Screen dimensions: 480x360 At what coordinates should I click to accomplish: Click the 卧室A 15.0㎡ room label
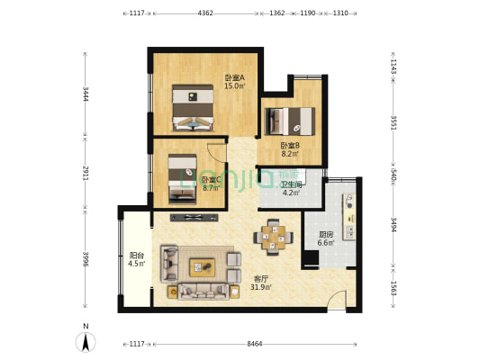[235, 82]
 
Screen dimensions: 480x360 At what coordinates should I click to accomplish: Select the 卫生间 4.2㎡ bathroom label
[291, 189]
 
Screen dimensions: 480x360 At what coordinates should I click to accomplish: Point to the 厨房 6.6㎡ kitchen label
[326, 238]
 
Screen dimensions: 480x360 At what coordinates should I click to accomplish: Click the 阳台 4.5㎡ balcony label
[137, 259]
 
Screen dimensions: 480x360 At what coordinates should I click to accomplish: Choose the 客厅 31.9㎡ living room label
[261, 283]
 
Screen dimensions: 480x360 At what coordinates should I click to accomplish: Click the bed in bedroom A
[193, 108]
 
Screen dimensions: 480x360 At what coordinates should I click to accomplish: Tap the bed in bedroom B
[290, 121]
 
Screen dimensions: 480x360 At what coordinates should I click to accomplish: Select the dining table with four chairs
[273, 237]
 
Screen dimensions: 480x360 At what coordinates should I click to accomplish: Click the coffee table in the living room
[202, 267]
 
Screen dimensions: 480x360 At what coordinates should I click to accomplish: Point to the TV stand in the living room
[195, 218]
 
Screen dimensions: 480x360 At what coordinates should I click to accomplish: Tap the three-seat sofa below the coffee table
[204, 292]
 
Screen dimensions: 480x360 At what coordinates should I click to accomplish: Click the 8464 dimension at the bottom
[255, 344]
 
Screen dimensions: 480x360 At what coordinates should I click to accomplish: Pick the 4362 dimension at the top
[205, 13]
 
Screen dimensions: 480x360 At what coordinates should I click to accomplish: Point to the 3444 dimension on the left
[86, 94]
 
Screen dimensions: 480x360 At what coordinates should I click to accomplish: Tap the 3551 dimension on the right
[394, 122]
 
